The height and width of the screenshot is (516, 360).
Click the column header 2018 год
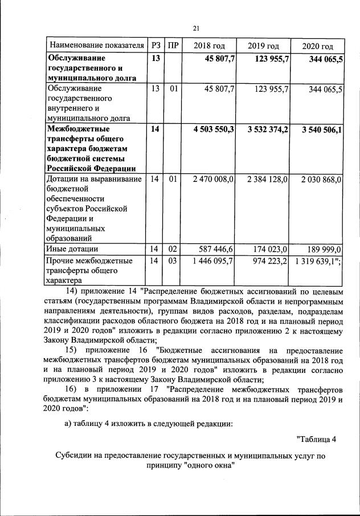point(209,46)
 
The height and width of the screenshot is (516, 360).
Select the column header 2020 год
point(318,46)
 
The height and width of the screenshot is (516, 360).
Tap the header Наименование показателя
point(96,46)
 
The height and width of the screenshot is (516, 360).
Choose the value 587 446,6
point(218,249)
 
